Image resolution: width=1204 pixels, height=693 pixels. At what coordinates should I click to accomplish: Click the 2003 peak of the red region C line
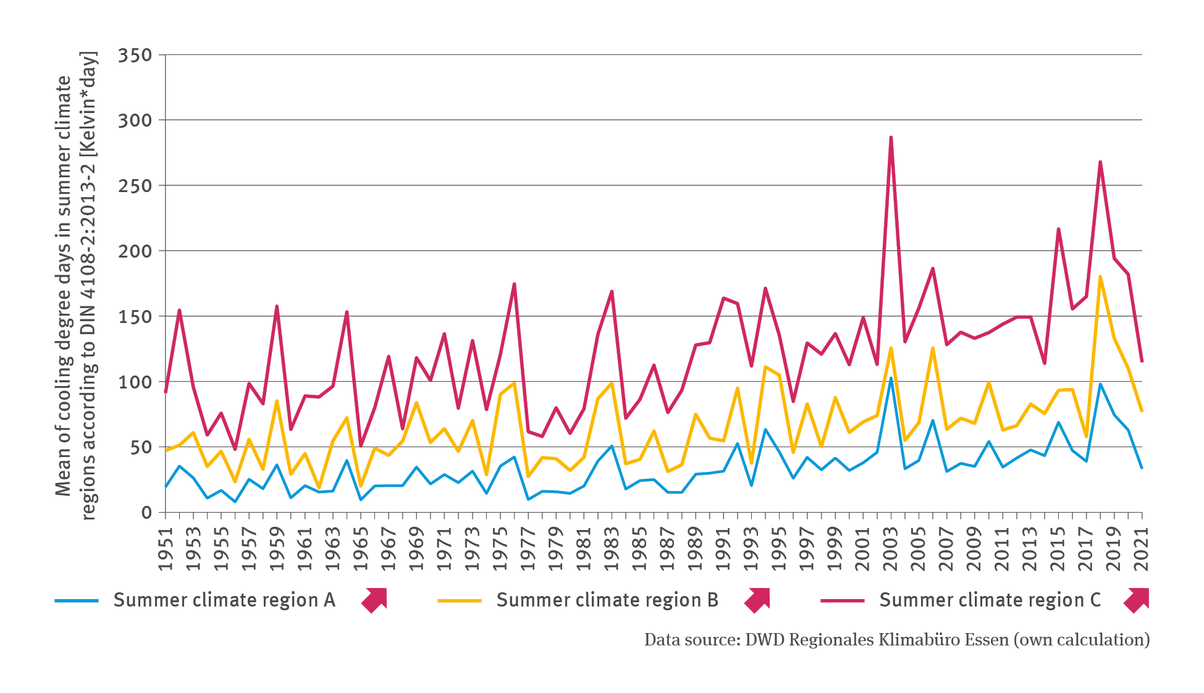tap(891, 137)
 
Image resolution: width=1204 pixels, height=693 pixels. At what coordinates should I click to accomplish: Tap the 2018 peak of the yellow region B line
tap(1100, 276)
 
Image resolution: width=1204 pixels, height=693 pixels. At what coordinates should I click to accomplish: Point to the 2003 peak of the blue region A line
tap(891, 378)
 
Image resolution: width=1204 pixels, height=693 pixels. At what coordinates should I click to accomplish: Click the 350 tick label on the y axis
tap(135, 56)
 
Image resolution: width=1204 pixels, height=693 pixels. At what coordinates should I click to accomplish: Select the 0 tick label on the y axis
tap(146, 513)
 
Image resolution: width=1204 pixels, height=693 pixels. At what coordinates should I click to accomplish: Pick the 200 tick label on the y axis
tap(135, 251)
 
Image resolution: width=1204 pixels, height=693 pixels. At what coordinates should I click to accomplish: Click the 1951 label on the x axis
tap(166, 548)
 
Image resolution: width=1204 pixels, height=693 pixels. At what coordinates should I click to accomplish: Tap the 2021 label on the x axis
tap(1142, 548)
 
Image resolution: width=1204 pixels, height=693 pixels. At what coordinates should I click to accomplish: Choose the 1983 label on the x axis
tap(612, 548)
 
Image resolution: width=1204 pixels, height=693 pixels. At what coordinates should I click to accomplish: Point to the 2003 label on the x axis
tap(891, 548)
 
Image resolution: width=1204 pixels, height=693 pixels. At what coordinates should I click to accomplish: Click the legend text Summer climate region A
tap(224, 600)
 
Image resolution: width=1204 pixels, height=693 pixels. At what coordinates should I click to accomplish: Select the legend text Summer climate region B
tap(607, 600)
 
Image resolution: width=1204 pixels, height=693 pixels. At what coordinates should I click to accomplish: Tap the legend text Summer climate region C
tap(990, 600)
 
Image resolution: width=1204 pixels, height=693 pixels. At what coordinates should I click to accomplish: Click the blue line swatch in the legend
tap(77, 600)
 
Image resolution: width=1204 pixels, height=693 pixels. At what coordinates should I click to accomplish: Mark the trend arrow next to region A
tap(374, 600)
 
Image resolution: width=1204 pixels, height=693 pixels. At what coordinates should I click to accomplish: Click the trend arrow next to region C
tap(1137, 600)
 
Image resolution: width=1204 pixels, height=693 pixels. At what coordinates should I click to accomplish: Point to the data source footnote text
tap(897, 640)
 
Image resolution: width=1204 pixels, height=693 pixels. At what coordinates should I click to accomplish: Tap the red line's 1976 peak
tap(514, 284)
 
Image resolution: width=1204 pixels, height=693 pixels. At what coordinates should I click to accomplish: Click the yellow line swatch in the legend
tap(460, 600)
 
